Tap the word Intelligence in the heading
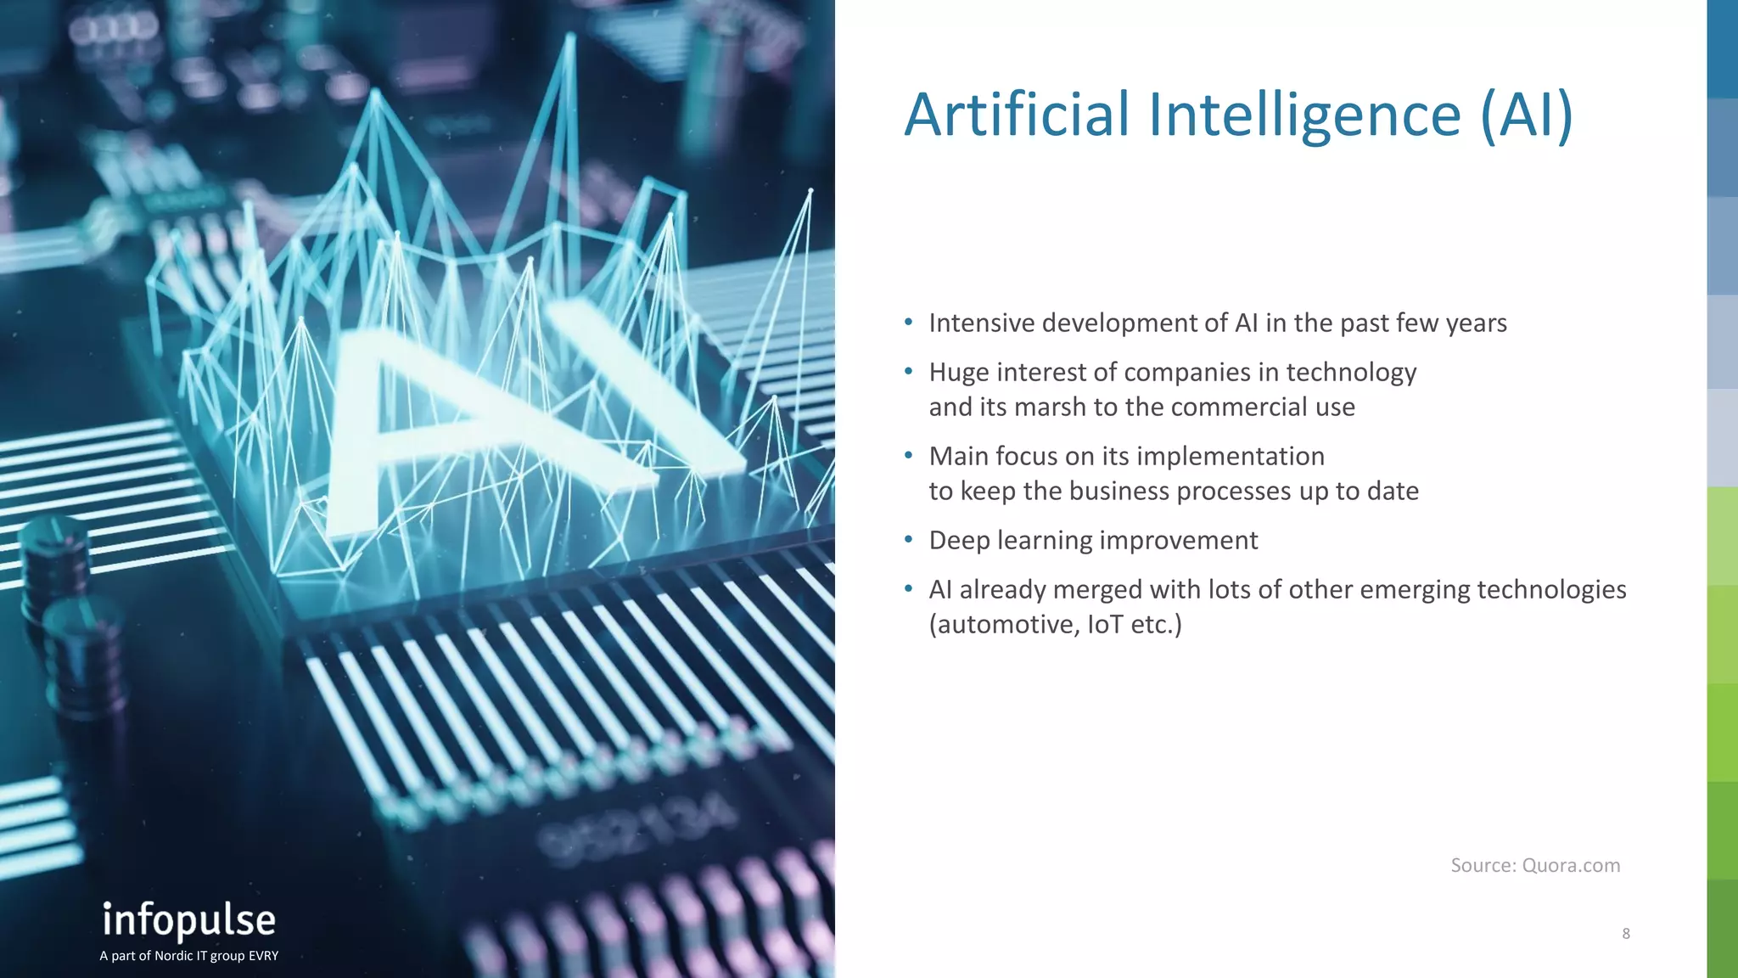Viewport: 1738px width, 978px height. [x=1304, y=116]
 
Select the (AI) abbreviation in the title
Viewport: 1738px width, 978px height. [x=1527, y=116]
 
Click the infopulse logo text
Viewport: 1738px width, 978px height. [x=188, y=921]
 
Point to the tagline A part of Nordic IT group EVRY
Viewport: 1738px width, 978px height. [x=188, y=956]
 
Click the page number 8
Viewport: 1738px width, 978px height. [x=1625, y=934]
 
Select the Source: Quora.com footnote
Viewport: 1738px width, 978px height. [x=1534, y=865]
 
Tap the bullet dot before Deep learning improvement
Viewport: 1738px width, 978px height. [x=909, y=540]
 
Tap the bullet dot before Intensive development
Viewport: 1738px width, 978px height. [x=909, y=323]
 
